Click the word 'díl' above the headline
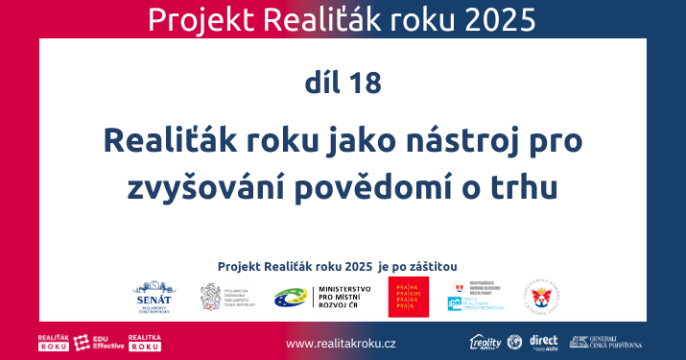[320, 83]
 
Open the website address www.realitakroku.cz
[342, 343]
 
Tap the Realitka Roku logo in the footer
[146, 342]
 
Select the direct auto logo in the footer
[544, 342]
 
